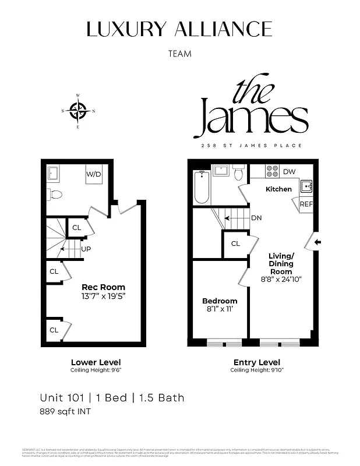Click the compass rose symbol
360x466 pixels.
click(x=78, y=110)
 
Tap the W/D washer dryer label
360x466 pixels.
click(x=94, y=174)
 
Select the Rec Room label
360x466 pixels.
click(x=103, y=287)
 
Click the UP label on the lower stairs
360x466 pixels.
click(x=86, y=249)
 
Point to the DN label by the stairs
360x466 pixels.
click(x=256, y=218)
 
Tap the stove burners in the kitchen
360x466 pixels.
click(x=272, y=172)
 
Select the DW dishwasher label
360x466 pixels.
click(x=289, y=172)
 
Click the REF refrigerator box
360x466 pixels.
click(x=306, y=204)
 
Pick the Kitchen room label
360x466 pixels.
click(x=278, y=189)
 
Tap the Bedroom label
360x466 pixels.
click(x=220, y=301)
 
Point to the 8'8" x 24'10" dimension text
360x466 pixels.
click(x=281, y=279)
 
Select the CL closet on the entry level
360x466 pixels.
click(x=235, y=243)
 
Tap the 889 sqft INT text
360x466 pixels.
click(x=65, y=412)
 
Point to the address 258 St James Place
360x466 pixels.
click(x=251, y=145)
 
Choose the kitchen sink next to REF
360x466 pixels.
click(x=306, y=186)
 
